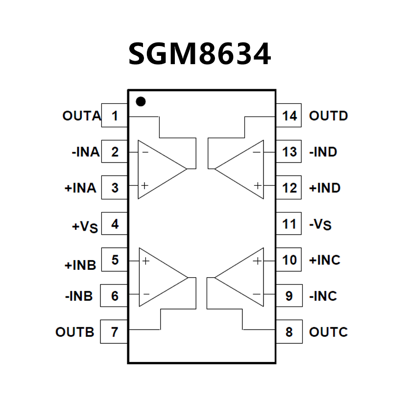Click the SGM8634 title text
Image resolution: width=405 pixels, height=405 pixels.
coord(199,54)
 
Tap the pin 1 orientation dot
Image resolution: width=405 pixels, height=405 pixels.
coord(141,101)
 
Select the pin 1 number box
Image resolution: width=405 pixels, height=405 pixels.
coord(115,116)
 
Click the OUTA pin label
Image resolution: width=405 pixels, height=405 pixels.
coord(81,116)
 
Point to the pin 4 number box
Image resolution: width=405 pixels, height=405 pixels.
coord(115,224)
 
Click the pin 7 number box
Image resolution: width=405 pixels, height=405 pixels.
coord(115,332)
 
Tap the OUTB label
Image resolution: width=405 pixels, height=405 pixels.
coord(74,332)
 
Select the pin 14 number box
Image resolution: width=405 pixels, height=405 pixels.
coord(289,116)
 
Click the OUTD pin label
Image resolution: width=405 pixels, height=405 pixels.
coord(328,116)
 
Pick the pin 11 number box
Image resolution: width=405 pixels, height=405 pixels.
coord(289,224)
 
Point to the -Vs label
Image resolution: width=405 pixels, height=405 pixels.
coord(320,225)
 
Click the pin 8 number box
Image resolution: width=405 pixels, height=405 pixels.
coord(289,332)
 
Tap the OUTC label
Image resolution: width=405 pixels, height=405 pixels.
coord(328,332)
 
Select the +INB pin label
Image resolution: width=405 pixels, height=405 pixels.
coord(80,265)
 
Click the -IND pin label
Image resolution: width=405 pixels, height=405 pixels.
coord(323,152)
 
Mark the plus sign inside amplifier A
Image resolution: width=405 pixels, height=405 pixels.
coord(145,186)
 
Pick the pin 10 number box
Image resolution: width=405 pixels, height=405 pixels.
coord(289,260)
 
